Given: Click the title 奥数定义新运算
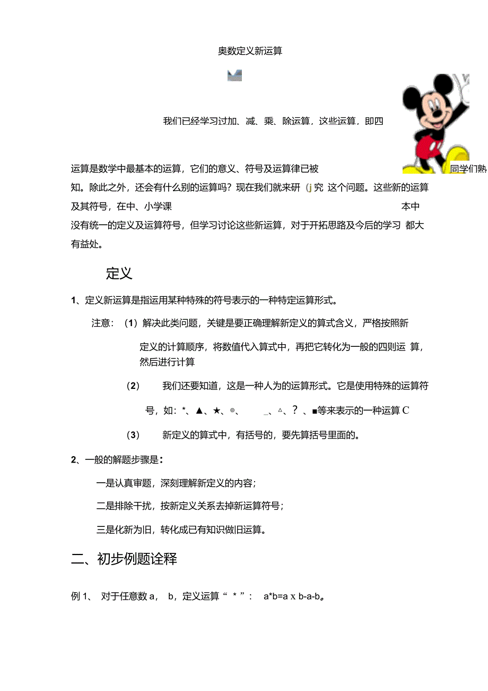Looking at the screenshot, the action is coord(250,51).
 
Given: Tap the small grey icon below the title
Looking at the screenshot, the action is coord(234,75).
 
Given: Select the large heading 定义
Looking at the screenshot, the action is coord(119,274).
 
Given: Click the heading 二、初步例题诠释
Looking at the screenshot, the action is coord(124,559).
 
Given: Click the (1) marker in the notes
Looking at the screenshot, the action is coord(131,323).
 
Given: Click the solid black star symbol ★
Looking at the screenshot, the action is coord(216,411).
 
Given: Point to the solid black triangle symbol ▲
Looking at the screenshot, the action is coord(199,411).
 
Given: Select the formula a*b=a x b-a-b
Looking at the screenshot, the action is coord(293,596).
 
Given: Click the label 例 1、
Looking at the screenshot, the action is coord(82,596).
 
